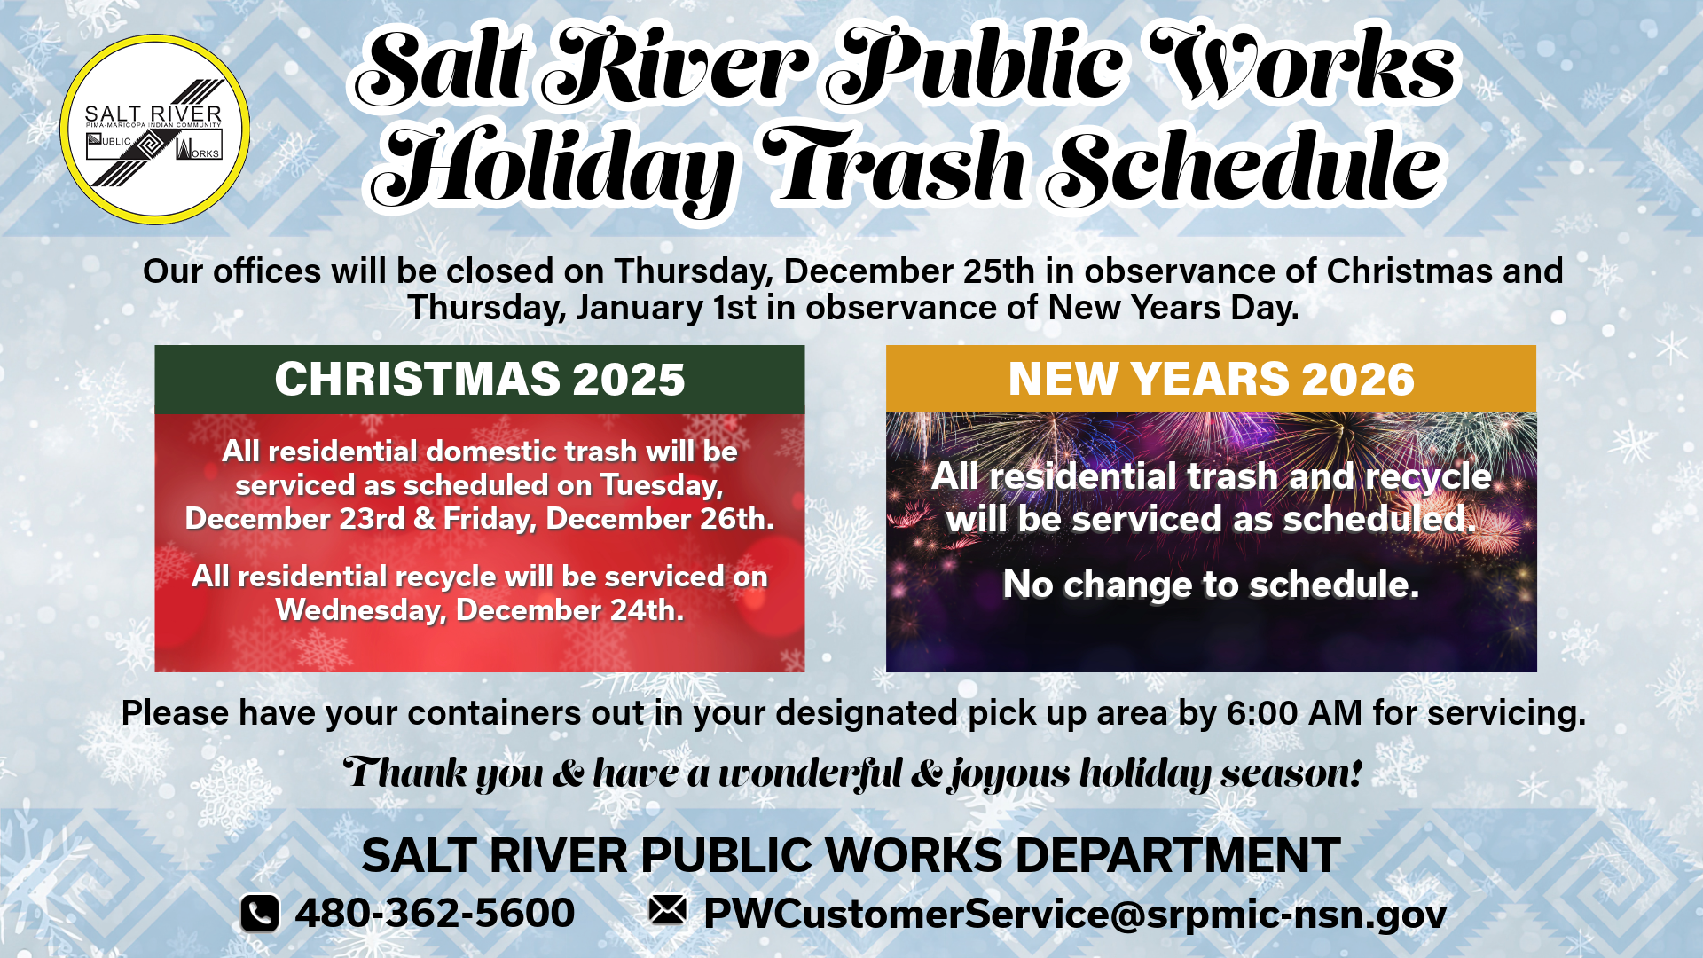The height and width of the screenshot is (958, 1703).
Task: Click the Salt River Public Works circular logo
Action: [154, 130]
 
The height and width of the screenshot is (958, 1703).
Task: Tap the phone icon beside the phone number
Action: [260, 914]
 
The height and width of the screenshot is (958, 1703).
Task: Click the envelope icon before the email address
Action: [667, 909]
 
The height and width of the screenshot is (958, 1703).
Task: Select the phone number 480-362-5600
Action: [435, 913]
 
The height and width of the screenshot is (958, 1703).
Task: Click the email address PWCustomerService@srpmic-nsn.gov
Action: [1075, 915]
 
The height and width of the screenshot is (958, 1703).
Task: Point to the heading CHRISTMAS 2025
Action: [480, 379]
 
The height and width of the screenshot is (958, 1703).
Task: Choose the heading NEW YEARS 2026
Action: [1211, 379]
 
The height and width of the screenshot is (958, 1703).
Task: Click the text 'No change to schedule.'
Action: [1211, 585]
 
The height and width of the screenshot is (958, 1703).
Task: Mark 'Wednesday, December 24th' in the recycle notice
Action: [480, 610]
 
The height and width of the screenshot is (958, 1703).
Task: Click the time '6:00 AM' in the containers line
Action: [1294, 713]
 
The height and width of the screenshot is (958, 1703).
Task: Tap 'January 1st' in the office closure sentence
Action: [667, 308]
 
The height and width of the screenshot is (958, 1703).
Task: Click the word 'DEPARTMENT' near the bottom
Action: [1178, 856]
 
